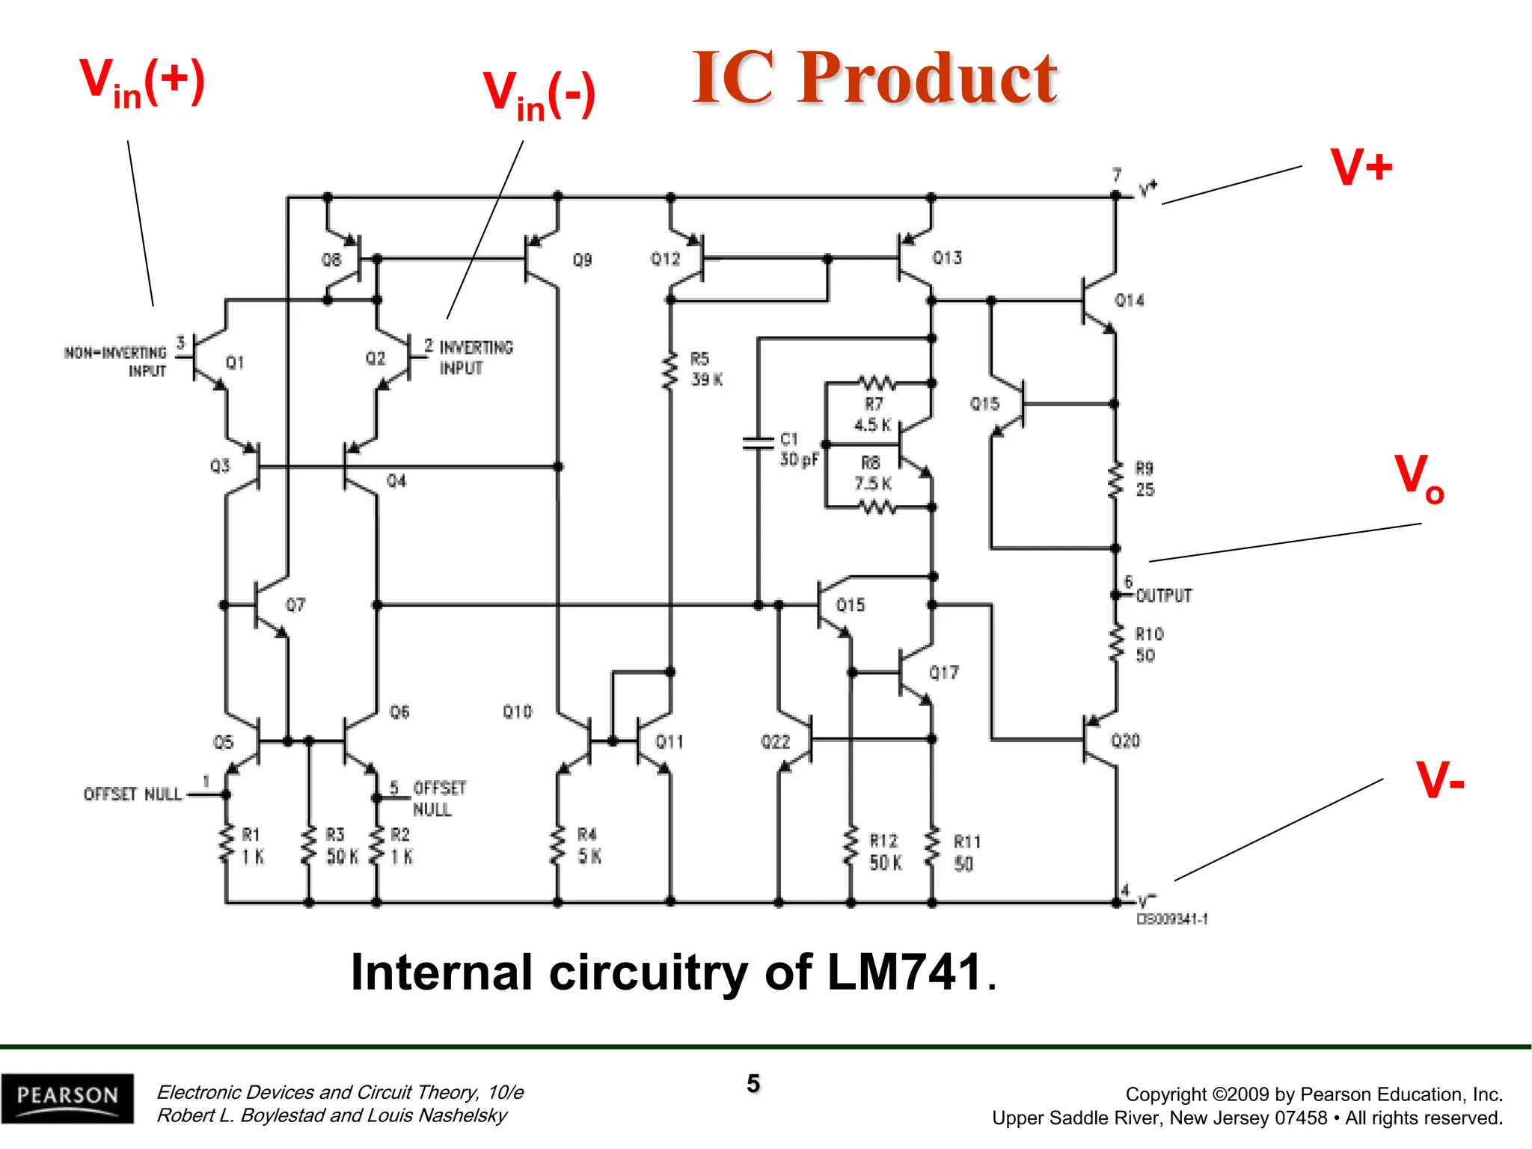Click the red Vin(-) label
[539, 95]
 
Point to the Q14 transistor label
[1129, 301]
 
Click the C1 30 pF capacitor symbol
[758, 442]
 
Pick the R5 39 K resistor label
[705, 370]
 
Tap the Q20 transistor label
[1125, 741]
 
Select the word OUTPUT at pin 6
[1163, 595]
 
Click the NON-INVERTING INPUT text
[116, 361]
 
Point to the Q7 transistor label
[295, 604]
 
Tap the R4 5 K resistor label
[589, 845]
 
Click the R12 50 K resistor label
[885, 851]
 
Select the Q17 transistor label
[943, 672]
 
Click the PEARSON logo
[67, 1097]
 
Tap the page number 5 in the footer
[753, 1083]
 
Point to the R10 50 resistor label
[1148, 645]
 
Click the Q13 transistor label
[947, 258]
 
